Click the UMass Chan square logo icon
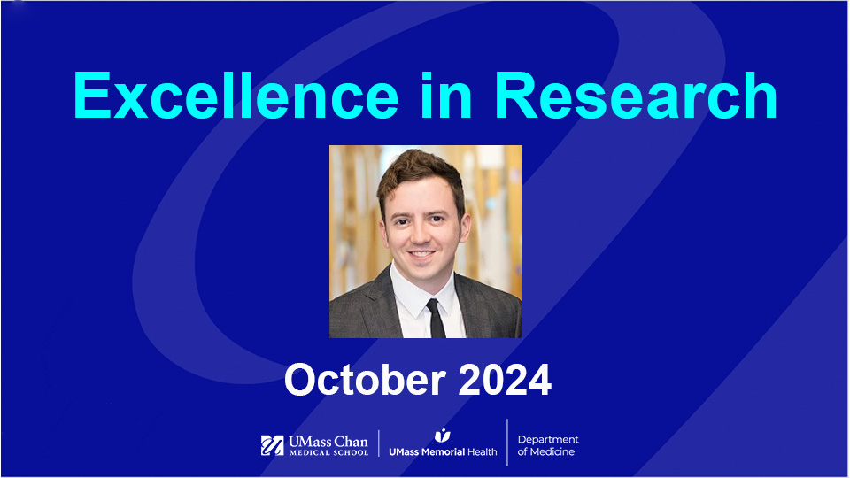pos(272,445)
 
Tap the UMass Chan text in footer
pos(328,441)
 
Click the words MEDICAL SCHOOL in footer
pos(328,453)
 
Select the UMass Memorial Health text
pos(443,451)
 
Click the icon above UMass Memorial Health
pos(442,435)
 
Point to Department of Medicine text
pos(548,445)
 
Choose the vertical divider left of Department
pos(507,443)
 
